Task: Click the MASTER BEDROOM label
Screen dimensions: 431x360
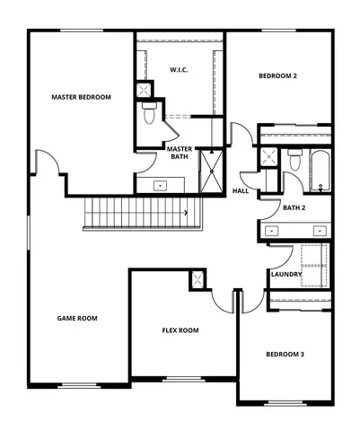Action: click(x=81, y=97)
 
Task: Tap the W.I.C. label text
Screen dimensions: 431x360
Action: click(x=179, y=69)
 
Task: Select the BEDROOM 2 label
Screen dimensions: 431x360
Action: click(x=277, y=76)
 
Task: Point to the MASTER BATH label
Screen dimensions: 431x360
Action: click(x=180, y=153)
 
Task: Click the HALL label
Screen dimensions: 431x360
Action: click(x=241, y=190)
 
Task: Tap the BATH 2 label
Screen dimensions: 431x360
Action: click(x=294, y=208)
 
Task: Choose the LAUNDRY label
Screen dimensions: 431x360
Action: click(x=286, y=274)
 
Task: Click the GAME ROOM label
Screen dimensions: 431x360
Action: click(x=77, y=318)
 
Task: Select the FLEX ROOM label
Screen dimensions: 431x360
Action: click(x=180, y=330)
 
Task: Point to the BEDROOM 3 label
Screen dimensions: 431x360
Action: click(x=285, y=354)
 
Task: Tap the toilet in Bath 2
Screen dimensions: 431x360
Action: click(x=294, y=163)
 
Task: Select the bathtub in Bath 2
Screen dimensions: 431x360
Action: click(x=320, y=171)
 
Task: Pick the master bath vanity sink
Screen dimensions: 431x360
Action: click(x=162, y=186)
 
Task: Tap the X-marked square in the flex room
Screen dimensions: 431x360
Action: click(x=198, y=279)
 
